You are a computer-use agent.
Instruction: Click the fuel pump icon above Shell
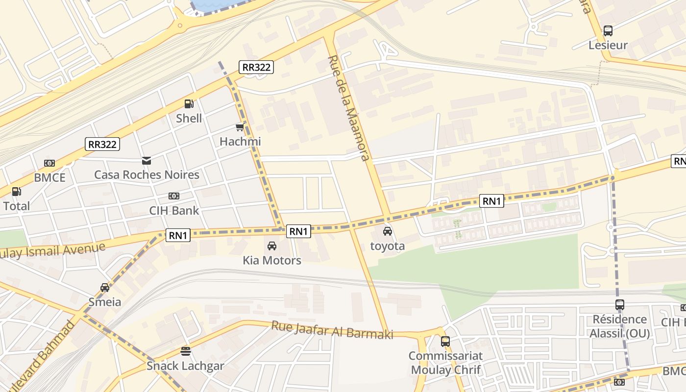(x=189, y=104)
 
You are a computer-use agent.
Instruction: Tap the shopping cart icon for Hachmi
(x=240, y=127)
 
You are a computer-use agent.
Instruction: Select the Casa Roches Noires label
(x=147, y=174)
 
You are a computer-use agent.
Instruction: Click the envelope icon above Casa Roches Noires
(x=146, y=160)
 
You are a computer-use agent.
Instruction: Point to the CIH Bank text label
(x=174, y=211)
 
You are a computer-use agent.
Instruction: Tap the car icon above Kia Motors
(x=272, y=246)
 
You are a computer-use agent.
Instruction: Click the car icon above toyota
(x=388, y=231)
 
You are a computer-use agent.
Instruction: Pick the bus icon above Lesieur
(x=608, y=31)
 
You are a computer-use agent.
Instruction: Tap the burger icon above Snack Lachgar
(x=185, y=351)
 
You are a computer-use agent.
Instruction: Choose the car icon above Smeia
(x=104, y=288)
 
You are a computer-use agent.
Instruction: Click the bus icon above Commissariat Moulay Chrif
(x=445, y=342)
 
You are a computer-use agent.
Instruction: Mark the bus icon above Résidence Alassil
(x=620, y=305)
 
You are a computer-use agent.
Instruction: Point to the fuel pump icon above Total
(x=17, y=192)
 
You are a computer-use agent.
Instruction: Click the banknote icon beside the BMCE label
(x=49, y=163)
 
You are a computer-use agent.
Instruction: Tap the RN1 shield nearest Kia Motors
(x=298, y=231)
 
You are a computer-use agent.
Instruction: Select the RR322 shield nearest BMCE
(x=102, y=144)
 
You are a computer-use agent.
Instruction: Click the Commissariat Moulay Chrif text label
(x=446, y=363)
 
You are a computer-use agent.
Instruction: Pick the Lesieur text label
(x=608, y=46)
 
